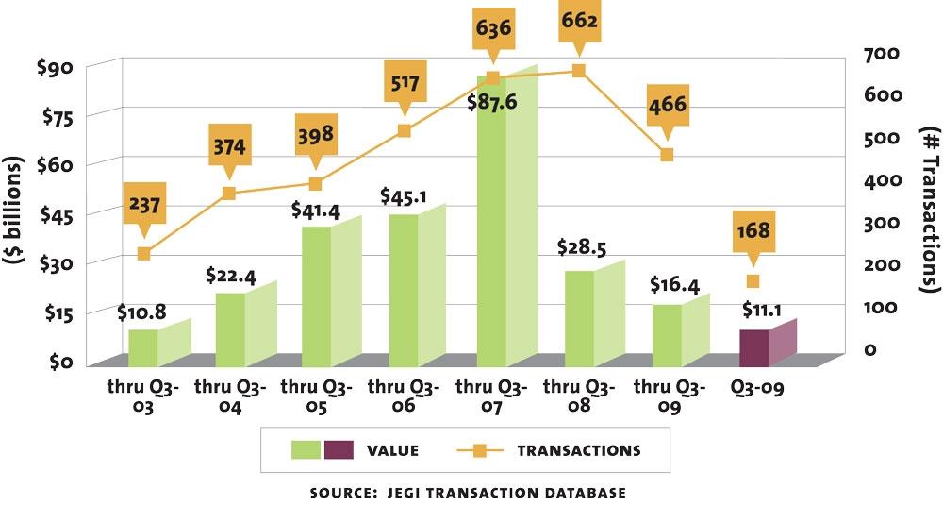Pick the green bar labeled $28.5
pyautogui.click(x=579, y=317)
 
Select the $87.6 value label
pyautogui.click(x=492, y=101)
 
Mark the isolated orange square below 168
pyautogui.click(x=752, y=281)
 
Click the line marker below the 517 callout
pyautogui.click(x=404, y=130)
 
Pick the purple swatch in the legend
pyautogui.click(x=339, y=450)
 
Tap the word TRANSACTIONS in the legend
pyautogui.click(x=579, y=450)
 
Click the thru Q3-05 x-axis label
pyautogui.click(x=316, y=396)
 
